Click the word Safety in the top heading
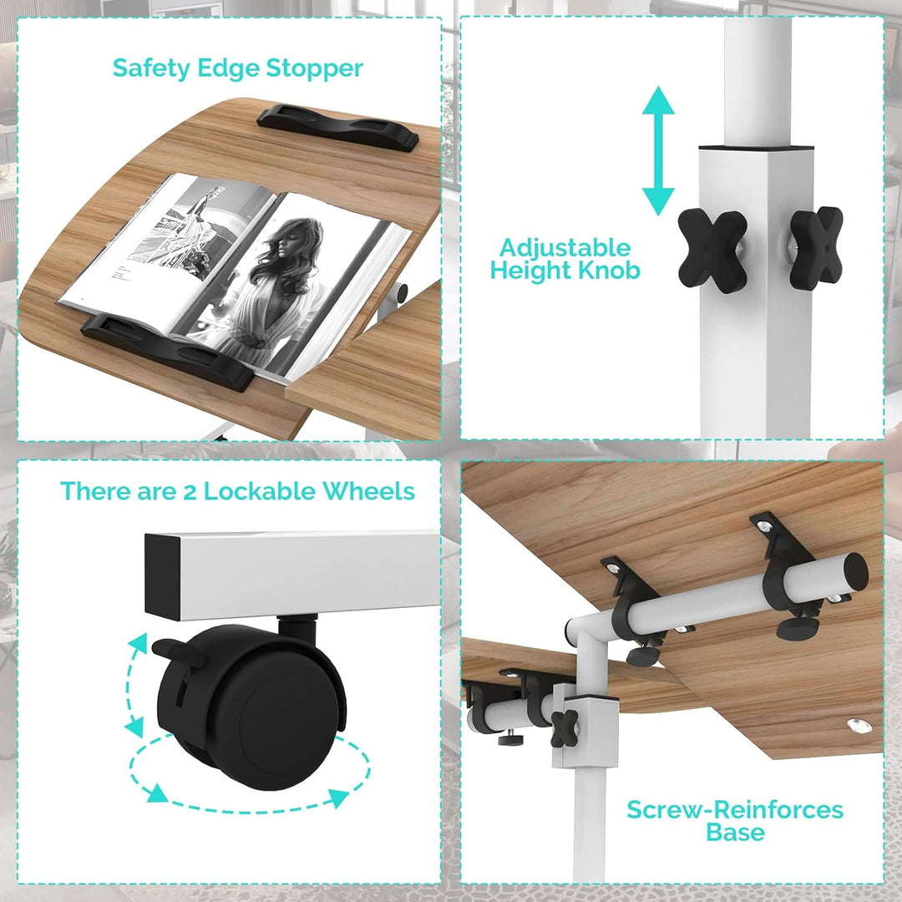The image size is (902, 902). [x=151, y=68]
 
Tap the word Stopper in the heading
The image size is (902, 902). [x=314, y=68]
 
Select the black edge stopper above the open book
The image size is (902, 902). [x=337, y=128]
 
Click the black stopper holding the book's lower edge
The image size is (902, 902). [x=167, y=351]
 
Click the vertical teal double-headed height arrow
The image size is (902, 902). [x=658, y=150]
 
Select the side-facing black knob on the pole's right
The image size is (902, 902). [x=816, y=247]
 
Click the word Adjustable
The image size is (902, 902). [x=565, y=248]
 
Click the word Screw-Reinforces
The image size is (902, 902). [x=735, y=810]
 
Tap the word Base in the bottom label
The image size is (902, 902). [x=735, y=833]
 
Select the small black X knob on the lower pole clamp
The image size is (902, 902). [x=565, y=728]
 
